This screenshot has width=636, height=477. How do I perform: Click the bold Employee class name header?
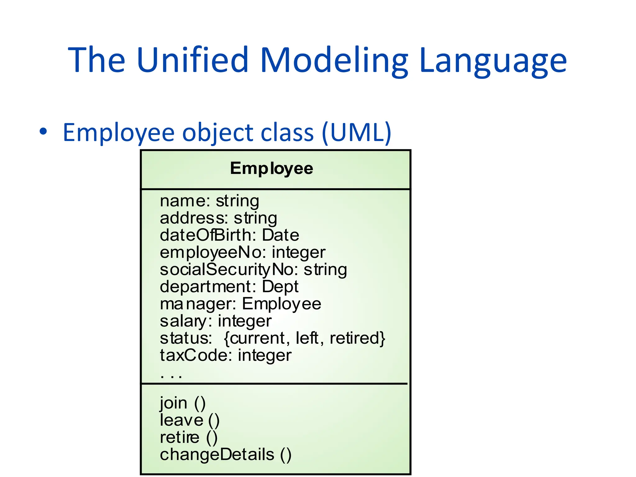click(271, 169)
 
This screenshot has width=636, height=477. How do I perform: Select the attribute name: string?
click(209, 201)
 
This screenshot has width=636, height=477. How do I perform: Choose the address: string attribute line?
click(218, 218)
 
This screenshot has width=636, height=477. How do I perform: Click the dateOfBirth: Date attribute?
click(229, 235)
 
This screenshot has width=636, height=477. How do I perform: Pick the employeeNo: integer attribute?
click(242, 252)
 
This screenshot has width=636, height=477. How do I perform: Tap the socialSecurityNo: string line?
click(253, 269)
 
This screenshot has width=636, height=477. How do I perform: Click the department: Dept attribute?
click(229, 286)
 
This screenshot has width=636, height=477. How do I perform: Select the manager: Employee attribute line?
click(240, 304)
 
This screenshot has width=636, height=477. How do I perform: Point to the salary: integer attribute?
click(216, 321)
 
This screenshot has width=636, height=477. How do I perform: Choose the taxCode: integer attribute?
click(225, 355)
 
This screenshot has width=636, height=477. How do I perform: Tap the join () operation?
click(183, 403)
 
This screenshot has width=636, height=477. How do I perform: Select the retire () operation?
click(189, 438)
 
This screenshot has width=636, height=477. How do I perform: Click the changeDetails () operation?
click(225, 455)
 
